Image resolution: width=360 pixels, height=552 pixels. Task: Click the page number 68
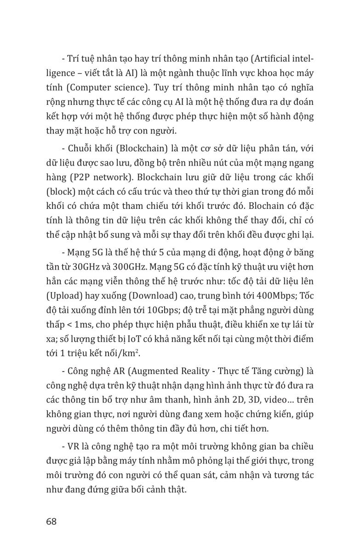coord(51,522)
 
